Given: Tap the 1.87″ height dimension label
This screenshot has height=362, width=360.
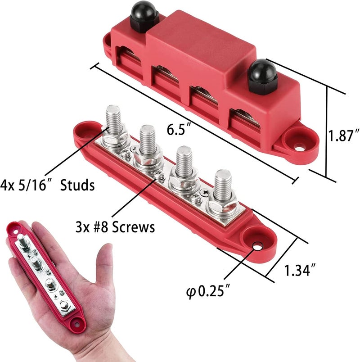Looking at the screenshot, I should point(343,136).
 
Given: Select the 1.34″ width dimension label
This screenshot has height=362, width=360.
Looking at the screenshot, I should point(299,271).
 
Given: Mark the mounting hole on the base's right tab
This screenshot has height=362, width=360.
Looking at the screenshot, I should point(256,246).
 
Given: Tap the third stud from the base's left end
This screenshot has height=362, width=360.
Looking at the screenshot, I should point(183,161).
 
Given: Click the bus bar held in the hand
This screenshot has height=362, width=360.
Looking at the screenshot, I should point(45,271).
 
